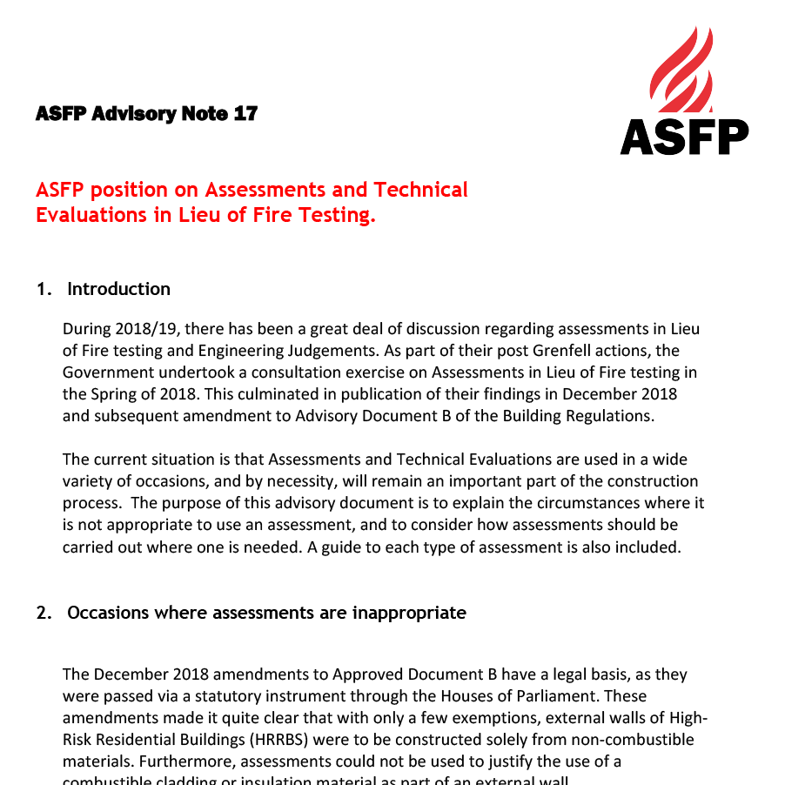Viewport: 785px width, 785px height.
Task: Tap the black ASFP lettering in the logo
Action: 684,137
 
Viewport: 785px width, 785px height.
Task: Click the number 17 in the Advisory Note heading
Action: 245,114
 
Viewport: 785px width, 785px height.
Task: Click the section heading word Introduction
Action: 118,289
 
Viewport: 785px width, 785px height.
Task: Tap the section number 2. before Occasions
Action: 44,613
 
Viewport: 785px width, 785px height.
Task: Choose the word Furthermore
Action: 192,762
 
